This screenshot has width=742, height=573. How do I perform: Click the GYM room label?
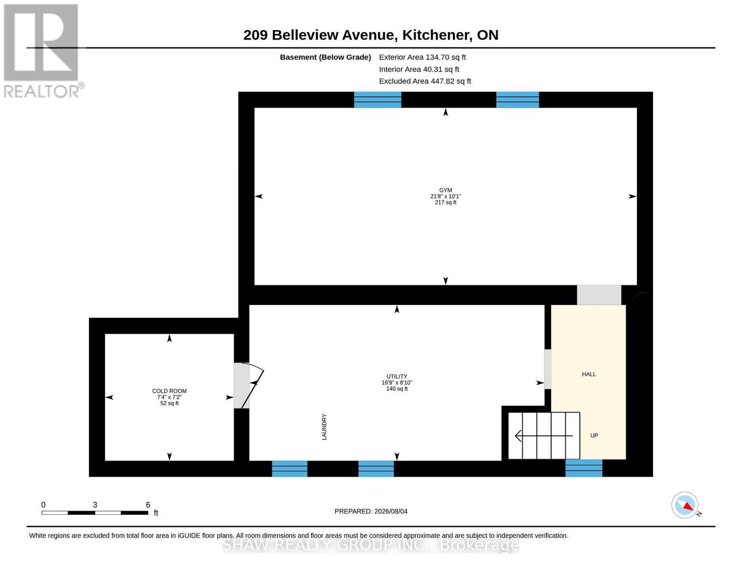(x=445, y=190)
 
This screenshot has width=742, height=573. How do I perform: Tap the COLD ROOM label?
(x=169, y=391)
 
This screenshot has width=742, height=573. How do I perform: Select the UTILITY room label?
(x=397, y=376)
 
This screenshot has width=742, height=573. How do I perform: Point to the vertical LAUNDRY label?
(x=324, y=427)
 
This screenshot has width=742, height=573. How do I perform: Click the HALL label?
(x=589, y=374)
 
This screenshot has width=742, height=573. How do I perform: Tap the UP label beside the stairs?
(x=594, y=435)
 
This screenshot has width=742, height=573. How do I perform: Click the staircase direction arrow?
(x=544, y=436)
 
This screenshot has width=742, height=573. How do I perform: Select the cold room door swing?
(x=253, y=386)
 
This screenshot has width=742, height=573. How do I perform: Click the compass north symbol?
(x=685, y=505)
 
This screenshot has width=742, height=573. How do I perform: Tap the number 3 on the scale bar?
(x=95, y=504)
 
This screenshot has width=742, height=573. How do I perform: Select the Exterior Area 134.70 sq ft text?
(x=422, y=57)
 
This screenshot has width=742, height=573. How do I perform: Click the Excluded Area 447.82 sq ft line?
(x=425, y=81)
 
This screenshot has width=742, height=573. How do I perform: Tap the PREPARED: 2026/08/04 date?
(x=371, y=511)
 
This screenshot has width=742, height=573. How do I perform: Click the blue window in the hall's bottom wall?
(x=583, y=468)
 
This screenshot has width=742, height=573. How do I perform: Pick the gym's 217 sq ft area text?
(x=445, y=202)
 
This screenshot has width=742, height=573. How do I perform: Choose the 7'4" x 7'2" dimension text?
(x=169, y=397)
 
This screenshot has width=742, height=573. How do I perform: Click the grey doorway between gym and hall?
(x=599, y=295)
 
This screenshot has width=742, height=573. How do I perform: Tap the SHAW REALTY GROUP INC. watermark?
(x=371, y=545)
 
